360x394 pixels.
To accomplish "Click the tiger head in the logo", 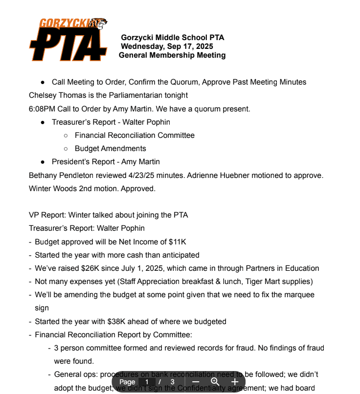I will click(100, 23).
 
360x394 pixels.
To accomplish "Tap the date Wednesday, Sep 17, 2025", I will click(167, 46).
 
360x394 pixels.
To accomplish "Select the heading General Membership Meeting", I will click(172, 55).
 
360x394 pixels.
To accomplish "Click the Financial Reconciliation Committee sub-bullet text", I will click(135, 135).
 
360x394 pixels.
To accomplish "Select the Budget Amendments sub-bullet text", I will click(110, 149).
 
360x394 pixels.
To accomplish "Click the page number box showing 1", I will click(147, 382).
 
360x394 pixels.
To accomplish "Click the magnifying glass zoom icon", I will click(215, 382).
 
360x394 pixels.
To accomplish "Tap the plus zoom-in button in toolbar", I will click(235, 382).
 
